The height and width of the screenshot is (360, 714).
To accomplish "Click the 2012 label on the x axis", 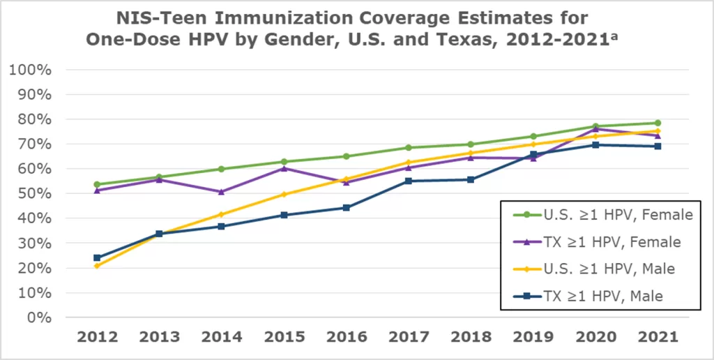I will pyautogui.click(x=96, y=337).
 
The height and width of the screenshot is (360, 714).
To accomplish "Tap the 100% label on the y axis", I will pyautogui.click(x=30, y=70).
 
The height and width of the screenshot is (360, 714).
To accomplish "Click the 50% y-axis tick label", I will pyautogui.click(x=33, y=193).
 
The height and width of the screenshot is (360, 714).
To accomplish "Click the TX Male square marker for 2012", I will pyautogui.click(x=97, y=258).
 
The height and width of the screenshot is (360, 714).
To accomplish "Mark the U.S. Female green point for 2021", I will pyautogui.click(x=658, y=123).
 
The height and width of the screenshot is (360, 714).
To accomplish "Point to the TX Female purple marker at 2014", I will pyautogui.click(x=221, y=192).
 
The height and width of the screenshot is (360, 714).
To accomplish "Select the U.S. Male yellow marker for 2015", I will pyautogui.click(x=284, y=195).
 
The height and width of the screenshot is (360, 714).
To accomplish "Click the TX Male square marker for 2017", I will pyautogui.click(x=409, y=181).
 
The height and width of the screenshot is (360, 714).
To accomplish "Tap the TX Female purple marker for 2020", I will pyautogui.click(x=595, y=129).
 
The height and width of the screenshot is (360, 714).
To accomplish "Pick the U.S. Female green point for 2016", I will pyautogui.click(x=346, y=156).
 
